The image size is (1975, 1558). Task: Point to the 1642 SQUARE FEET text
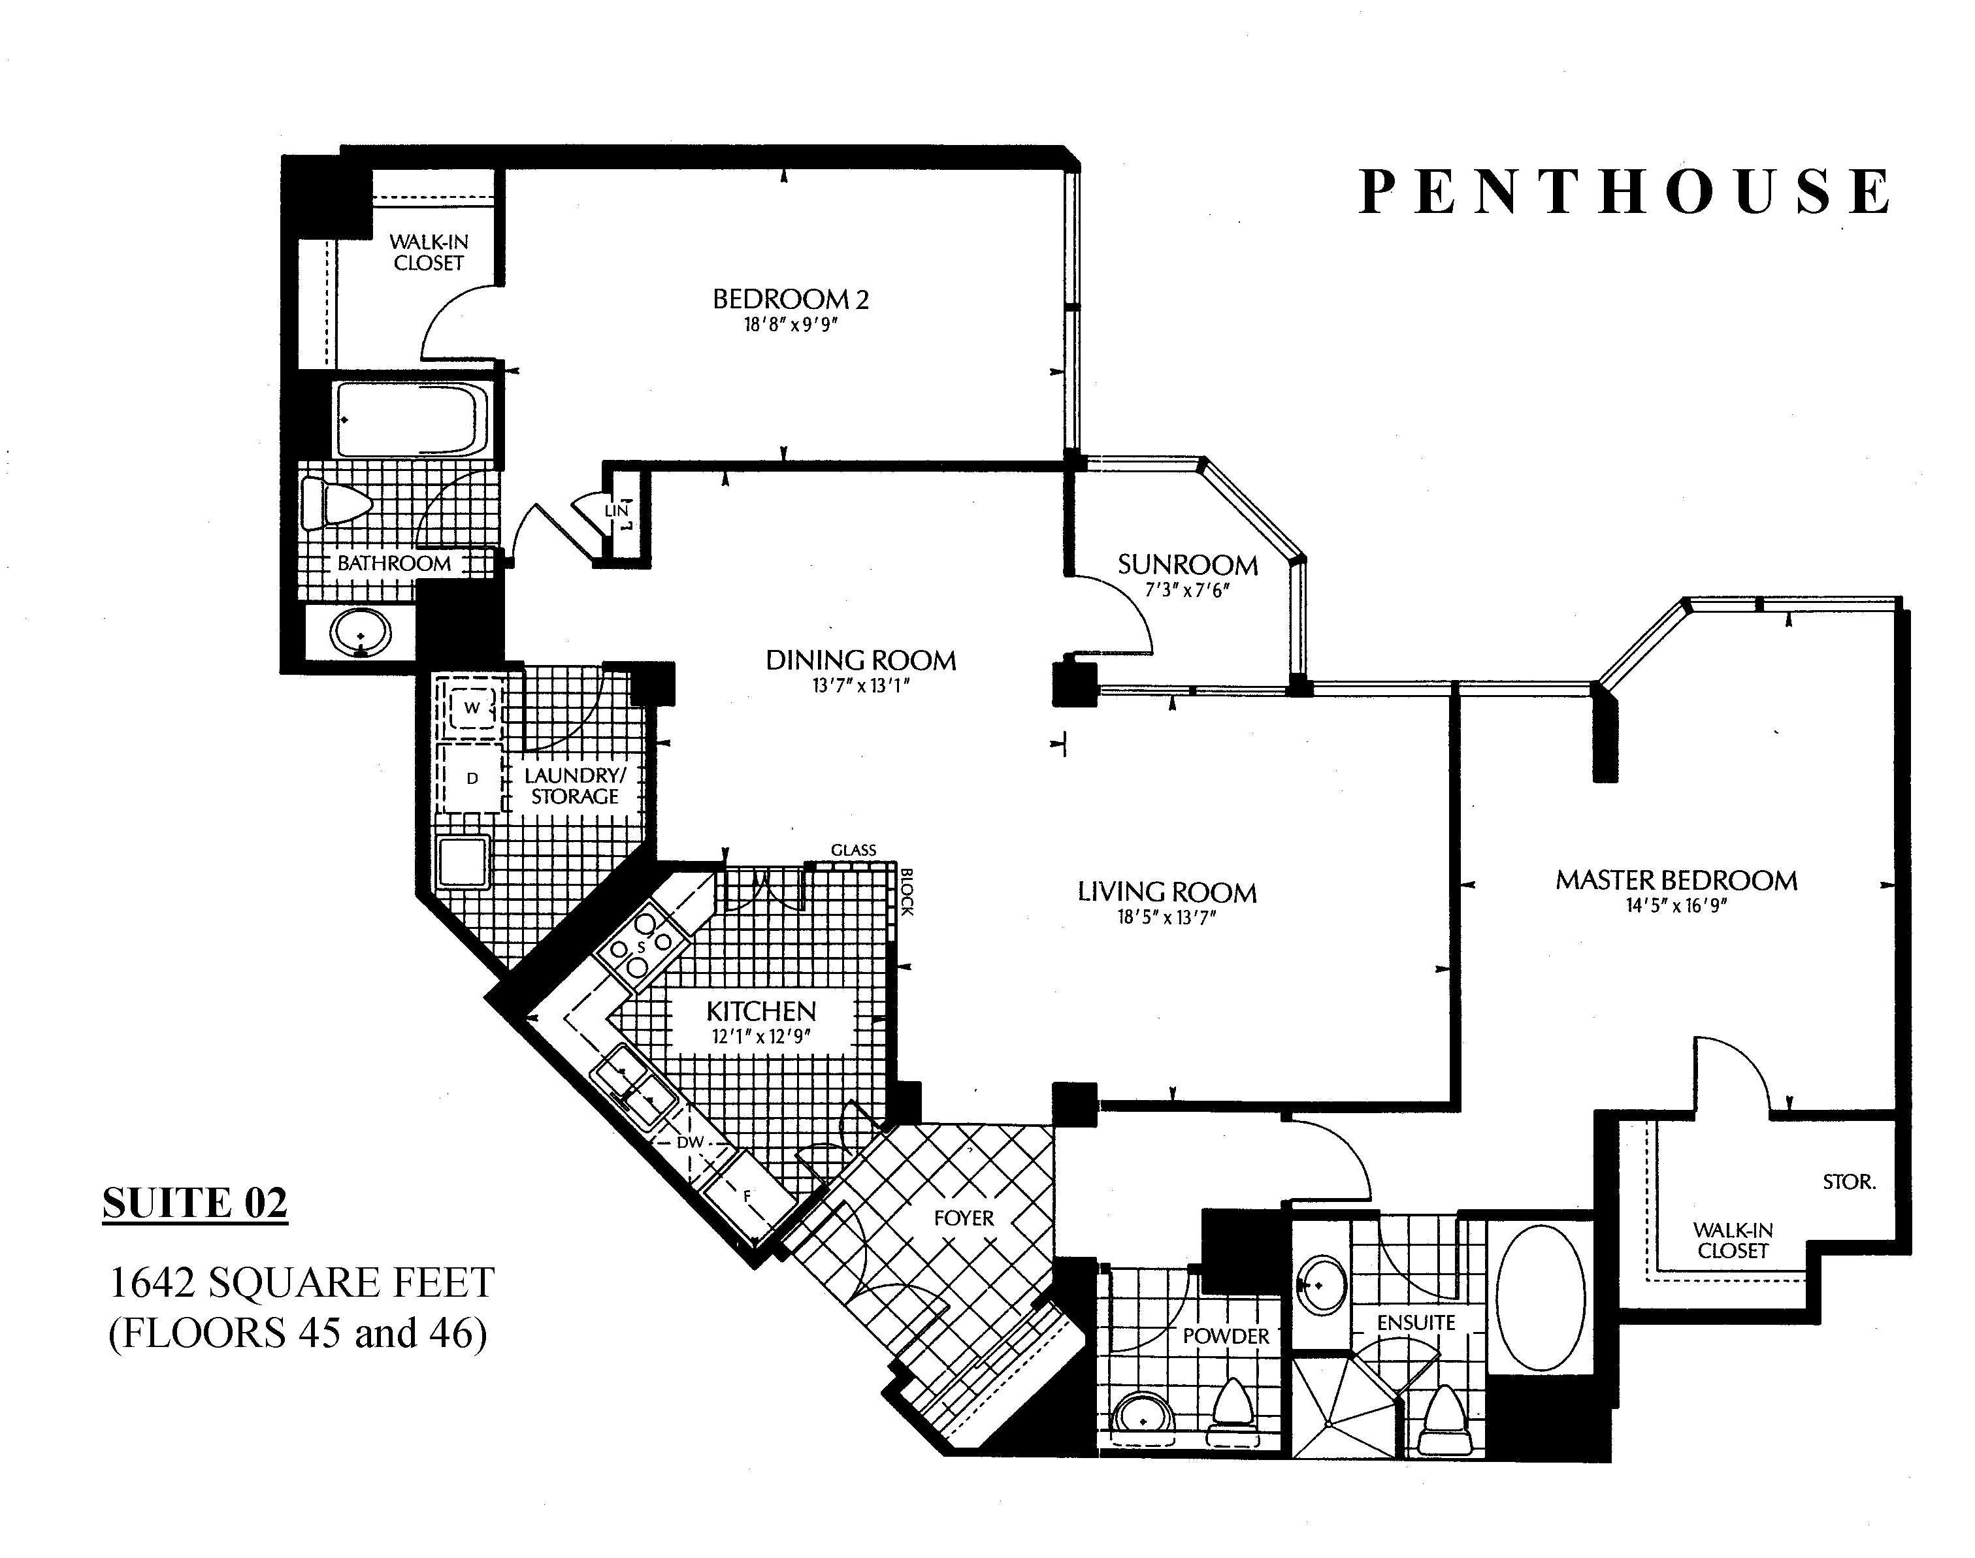(301, 1282)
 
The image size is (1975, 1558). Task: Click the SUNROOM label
(1188, 564)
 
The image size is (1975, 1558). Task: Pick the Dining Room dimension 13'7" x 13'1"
(861, 686)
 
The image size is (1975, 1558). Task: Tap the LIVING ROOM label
(1167, 892)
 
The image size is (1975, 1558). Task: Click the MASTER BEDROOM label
(1676, 880)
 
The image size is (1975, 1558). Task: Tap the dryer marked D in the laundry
(472, 778)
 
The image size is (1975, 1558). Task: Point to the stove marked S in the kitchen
(642, 947)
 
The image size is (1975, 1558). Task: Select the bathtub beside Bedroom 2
(410, 419)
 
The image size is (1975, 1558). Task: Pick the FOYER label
(963, 1218)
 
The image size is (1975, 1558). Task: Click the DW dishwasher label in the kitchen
(691, 1142)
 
